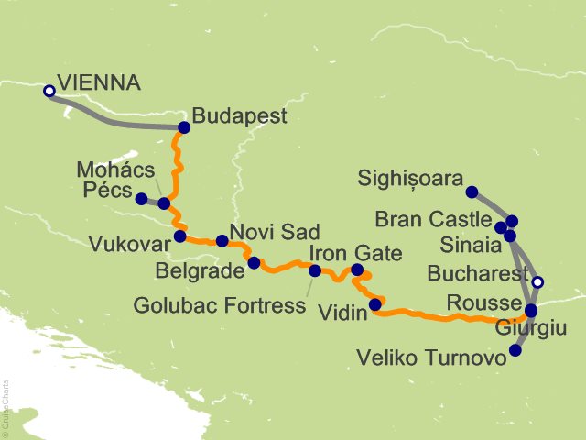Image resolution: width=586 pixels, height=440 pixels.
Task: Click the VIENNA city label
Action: [x=99, y=83]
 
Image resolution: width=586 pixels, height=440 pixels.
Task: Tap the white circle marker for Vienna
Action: [x=49, y=91]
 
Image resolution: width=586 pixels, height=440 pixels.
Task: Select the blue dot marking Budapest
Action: [x=184, y=127]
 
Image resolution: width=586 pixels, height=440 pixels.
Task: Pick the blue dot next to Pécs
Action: [x=141, y=199]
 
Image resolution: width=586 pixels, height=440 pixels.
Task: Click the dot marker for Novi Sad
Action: [x=222, y=241]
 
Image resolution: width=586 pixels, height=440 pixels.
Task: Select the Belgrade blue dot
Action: [x=254, y=262]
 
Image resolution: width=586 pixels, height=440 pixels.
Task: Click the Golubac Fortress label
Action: [x=220, y=304]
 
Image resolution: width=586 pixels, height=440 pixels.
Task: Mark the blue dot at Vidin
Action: [x=374, y=304]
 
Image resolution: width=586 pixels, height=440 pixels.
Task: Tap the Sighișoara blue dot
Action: [x=472, y=192]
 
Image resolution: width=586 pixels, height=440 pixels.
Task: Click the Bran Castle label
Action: [x=433, y=221]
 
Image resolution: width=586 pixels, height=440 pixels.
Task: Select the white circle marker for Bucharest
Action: [x=538, y=282]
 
